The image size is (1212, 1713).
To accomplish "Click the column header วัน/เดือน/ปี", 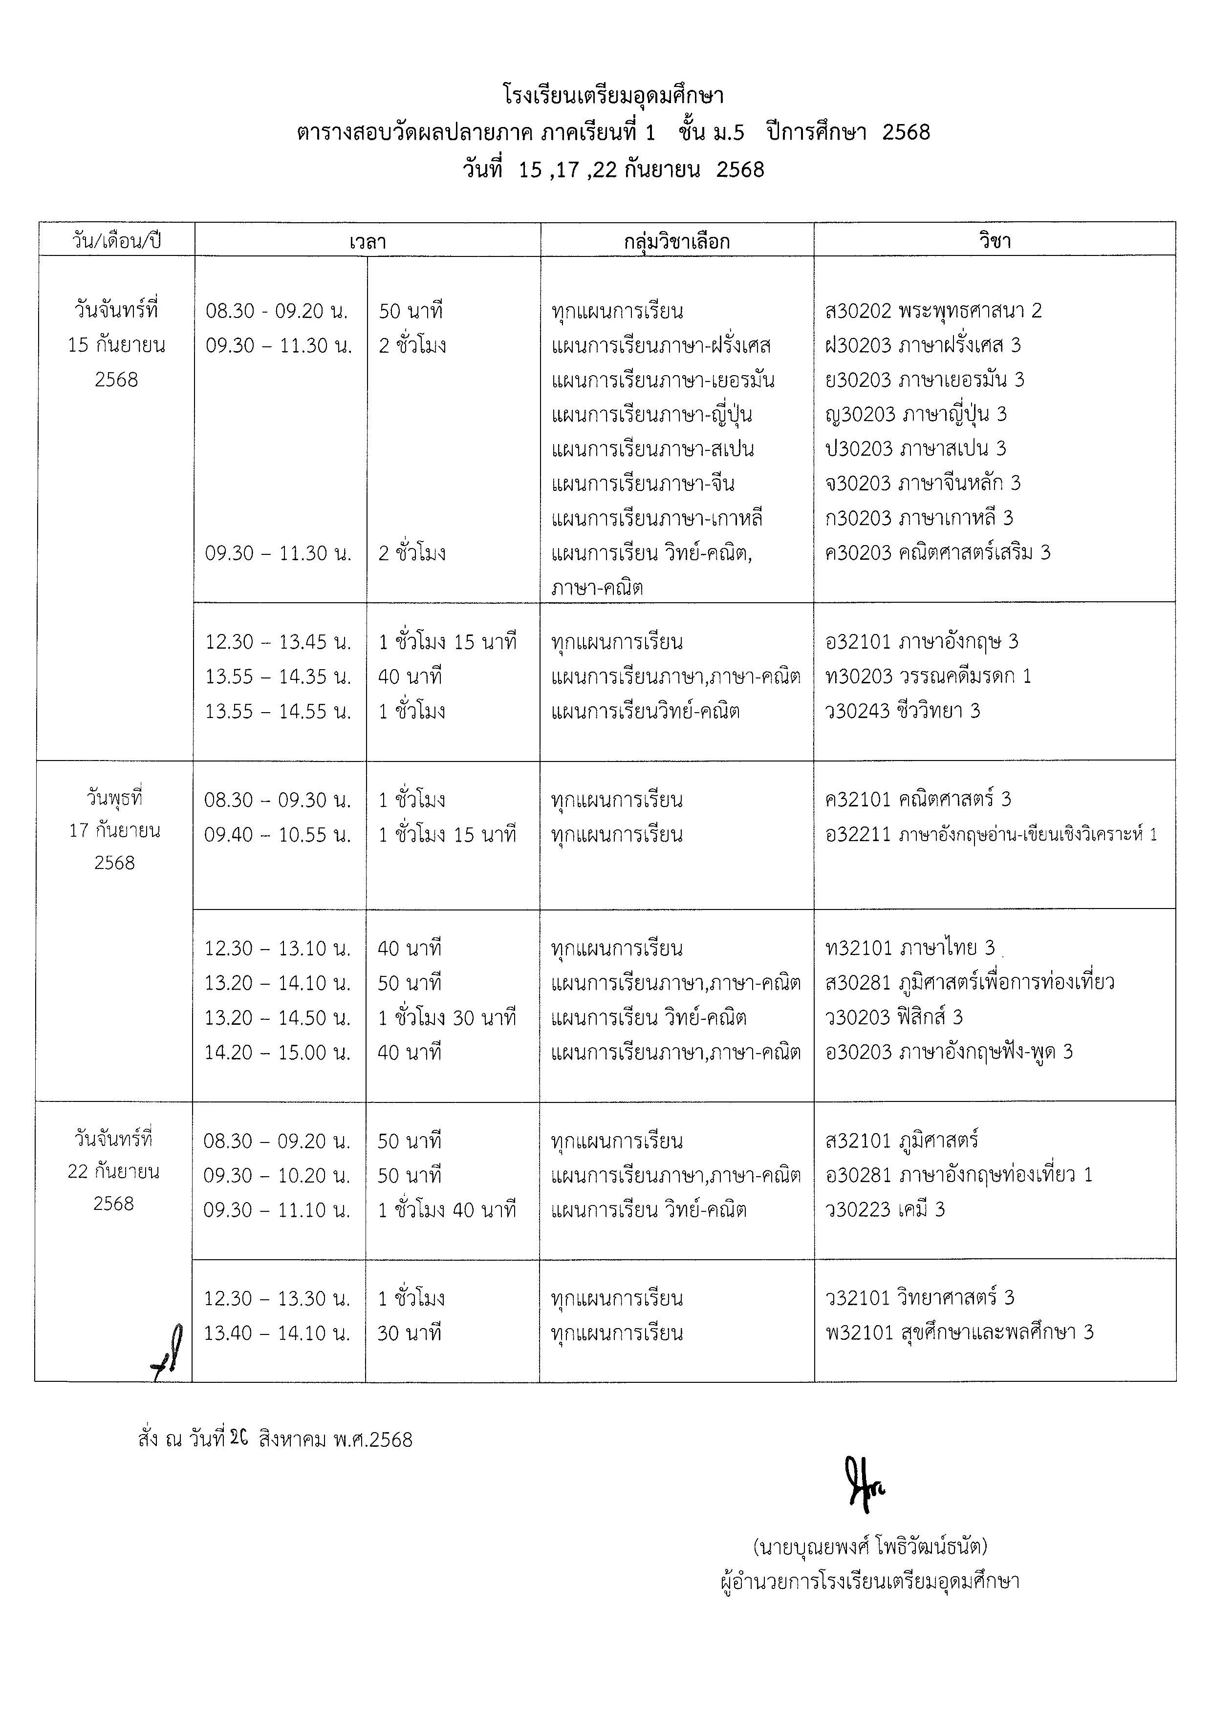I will [x=116, y=241].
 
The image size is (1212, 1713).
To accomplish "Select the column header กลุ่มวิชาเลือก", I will [x=676, y=241].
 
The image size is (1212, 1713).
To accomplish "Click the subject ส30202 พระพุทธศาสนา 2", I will [x=933, y=310].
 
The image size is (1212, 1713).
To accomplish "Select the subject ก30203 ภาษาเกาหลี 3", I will [x=919, y=518].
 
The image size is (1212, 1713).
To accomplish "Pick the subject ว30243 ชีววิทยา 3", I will [x=902, y=711].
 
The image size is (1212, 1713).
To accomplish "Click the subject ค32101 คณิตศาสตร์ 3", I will [x=918, y=800].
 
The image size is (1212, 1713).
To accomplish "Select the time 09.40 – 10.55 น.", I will [x=278, y=835].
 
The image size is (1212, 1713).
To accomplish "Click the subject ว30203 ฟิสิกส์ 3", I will [x=894, y=1017].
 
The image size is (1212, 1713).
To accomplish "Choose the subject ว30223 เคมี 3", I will [x=885, y=1209].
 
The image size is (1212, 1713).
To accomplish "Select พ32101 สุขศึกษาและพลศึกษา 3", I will [x=959, y=1332].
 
